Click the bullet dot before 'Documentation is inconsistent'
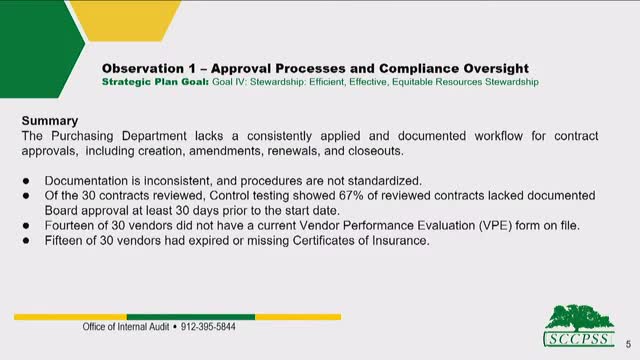coord(27,180)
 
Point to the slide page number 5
coord(626,339)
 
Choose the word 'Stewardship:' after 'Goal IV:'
coord(290,82)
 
